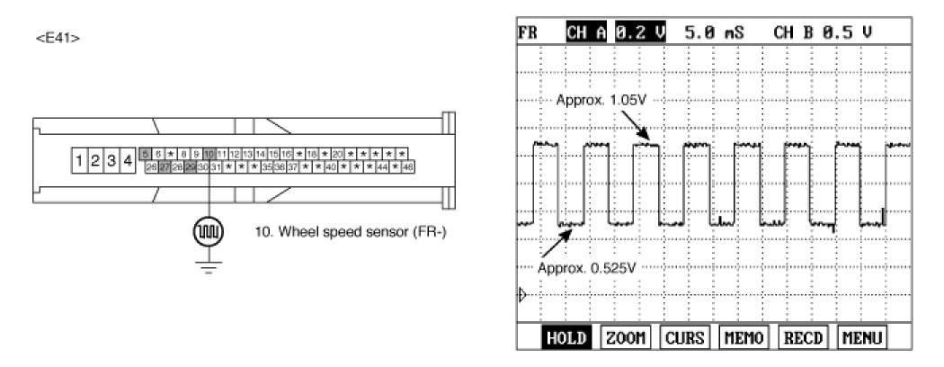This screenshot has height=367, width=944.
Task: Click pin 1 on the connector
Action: (81, 161)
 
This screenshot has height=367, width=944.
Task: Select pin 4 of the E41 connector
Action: (128, 161)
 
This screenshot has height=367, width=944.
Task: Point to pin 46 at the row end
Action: (408, 167)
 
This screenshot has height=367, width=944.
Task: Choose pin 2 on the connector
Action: (96, 161)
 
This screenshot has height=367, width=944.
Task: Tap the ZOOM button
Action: (626, 338)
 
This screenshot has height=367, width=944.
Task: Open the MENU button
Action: (860, 338)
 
